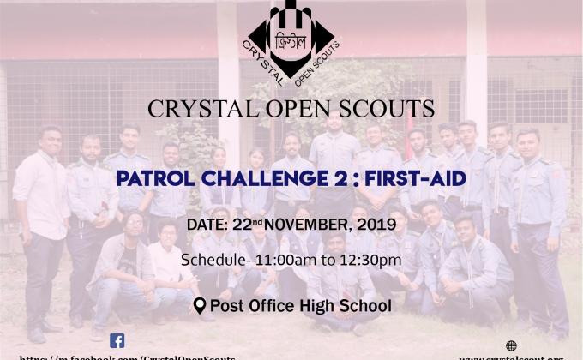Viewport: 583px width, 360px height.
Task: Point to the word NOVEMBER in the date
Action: point(304,225)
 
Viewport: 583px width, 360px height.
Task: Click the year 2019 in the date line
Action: point(376,225)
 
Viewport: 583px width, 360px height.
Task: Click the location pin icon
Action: point(200,306)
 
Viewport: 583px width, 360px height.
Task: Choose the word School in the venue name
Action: point(368,306)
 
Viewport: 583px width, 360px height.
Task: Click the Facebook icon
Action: point(117,340)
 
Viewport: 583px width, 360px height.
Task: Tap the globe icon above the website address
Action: point(512,345)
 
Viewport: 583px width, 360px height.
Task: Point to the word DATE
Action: point(206,226)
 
